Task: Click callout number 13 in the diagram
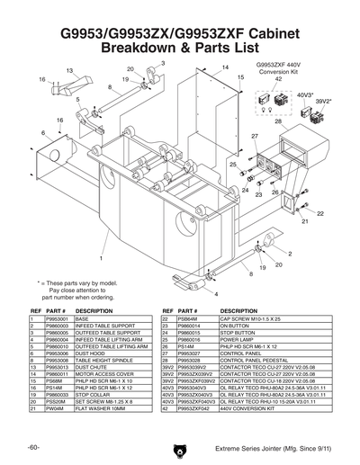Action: tap(69, 70)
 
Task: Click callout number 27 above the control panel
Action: tap(255, 136)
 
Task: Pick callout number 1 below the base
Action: tap(101, 259)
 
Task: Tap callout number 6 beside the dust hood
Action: tap(42, 133)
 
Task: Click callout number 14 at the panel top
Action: tap(226, 67)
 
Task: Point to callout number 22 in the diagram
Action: tap(320, 214)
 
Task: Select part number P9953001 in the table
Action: tap(58, 318)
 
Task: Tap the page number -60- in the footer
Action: tap(32, 447)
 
